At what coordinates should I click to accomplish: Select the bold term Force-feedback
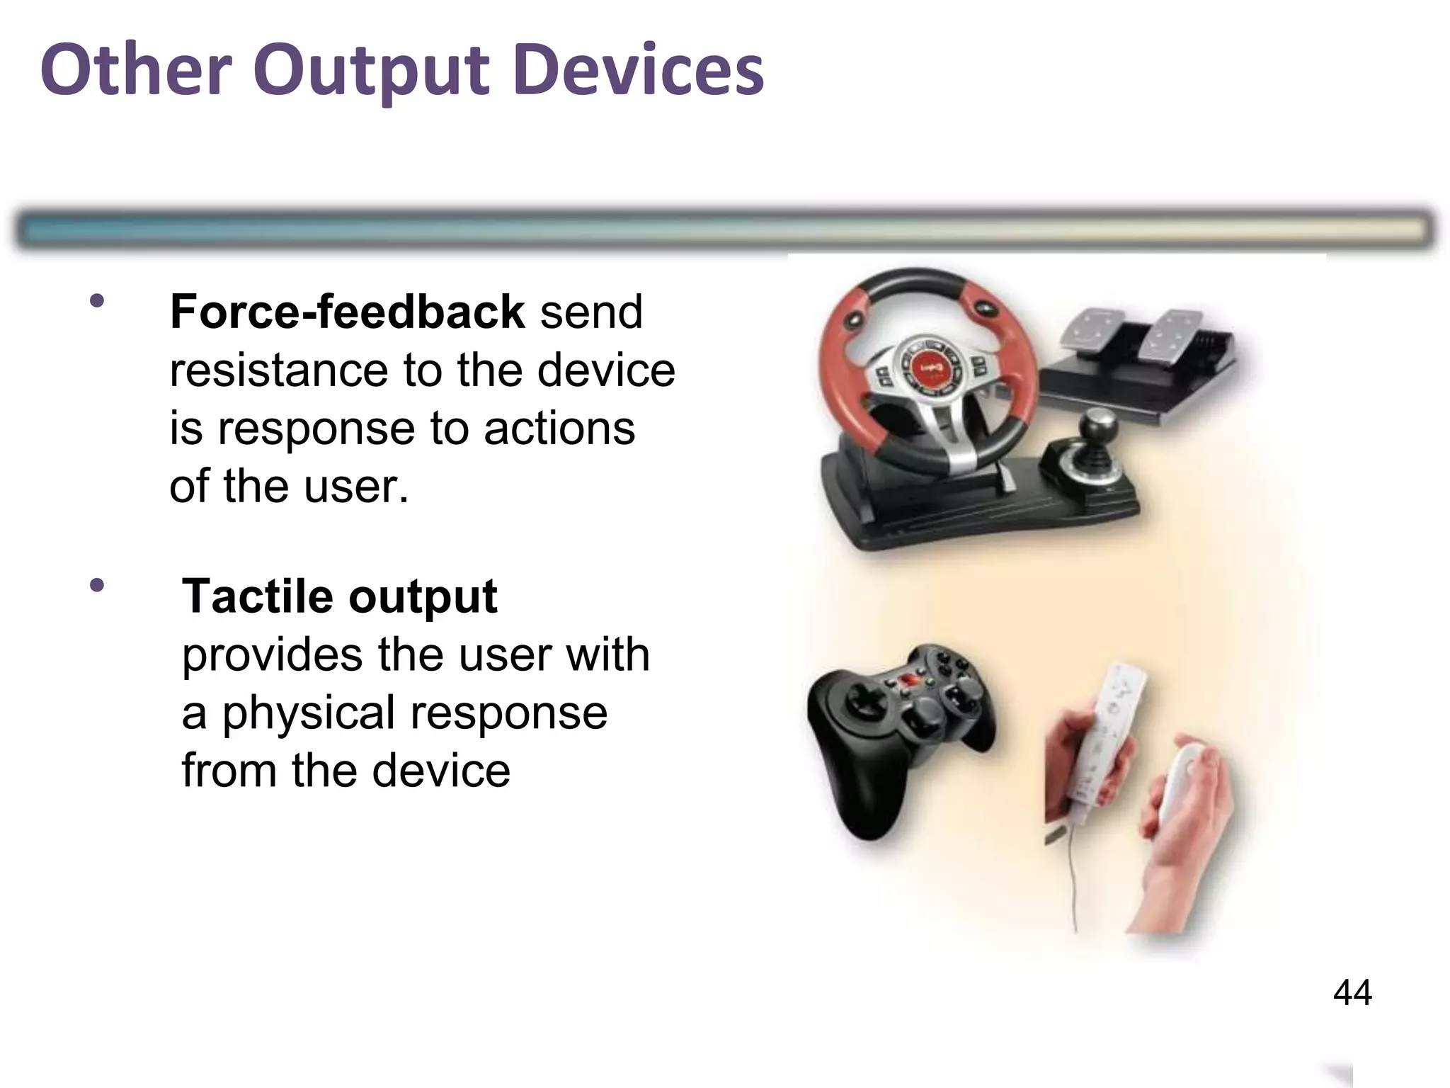pyautogui.click(x=347, y=312)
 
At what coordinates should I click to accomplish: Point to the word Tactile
pyautogui.click(x=258, y=596)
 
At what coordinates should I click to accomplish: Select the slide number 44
pyautogui.click(x=1352, y=992)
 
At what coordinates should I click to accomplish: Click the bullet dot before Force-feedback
pyautogui.click(x=97, y=301)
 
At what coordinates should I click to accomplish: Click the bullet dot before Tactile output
pyautogui.click(x=97, y=586)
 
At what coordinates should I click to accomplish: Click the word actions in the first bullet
pyautogui.click(x=559, y=429)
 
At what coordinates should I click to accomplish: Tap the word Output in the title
pyautogui.click(x=371, y=71)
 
